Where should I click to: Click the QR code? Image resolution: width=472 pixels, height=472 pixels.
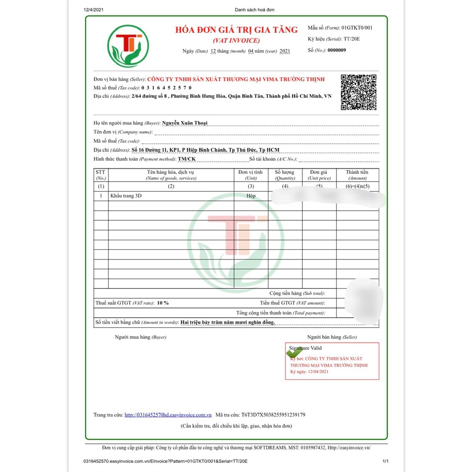point(358,92)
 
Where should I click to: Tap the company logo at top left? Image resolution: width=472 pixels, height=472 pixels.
point(128,46)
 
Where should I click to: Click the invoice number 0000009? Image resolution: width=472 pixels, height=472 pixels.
point(336,50)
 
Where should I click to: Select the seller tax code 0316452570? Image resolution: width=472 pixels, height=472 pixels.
point(166,88)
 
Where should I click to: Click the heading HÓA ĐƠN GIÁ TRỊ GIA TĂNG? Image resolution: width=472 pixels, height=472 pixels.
point(236,30)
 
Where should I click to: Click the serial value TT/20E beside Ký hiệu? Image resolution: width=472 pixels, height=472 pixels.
point(352,39)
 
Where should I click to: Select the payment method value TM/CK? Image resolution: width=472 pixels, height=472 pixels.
point(187,159)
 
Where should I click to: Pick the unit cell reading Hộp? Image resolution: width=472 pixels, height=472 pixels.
point(251,196)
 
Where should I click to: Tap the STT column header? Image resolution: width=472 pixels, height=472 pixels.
point(100,175)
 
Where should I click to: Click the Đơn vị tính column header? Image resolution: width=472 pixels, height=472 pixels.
point(251,175)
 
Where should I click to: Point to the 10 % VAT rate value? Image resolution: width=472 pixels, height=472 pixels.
point(163,303)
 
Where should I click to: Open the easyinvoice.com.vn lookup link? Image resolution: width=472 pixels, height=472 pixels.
point(168,415)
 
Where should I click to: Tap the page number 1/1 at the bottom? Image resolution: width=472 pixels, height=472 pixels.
point(386,461)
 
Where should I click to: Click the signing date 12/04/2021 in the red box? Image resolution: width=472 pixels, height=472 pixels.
point(316,372)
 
